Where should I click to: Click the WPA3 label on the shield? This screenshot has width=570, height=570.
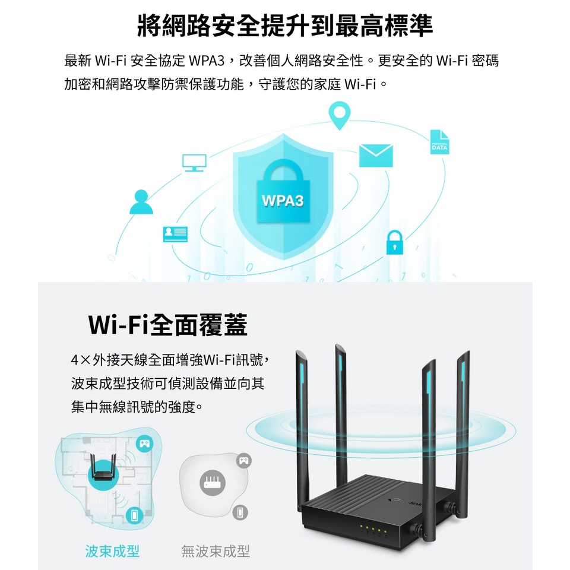tap(283, 201)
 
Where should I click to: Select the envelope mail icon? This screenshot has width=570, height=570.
tap(376, 156)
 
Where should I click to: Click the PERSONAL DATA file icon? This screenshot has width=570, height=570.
tap(439, 142)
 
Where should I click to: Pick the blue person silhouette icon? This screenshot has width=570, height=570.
tap(141, 202)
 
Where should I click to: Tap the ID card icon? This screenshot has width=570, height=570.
tap(175, 235)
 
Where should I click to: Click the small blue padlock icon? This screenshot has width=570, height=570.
tap(394, 242)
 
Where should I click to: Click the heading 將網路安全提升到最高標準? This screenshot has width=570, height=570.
tap(285, 26)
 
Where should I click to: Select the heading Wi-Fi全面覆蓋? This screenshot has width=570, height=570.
tap(167, 325)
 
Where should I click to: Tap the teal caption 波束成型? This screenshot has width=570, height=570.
tap(113, 551)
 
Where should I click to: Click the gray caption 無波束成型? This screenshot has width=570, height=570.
tap(216, 551)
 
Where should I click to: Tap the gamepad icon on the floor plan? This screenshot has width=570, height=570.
tap(144, 443)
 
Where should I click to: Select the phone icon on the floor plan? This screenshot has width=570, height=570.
tap(135, 515)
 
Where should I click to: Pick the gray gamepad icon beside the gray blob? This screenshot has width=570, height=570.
tap(244, 460)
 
